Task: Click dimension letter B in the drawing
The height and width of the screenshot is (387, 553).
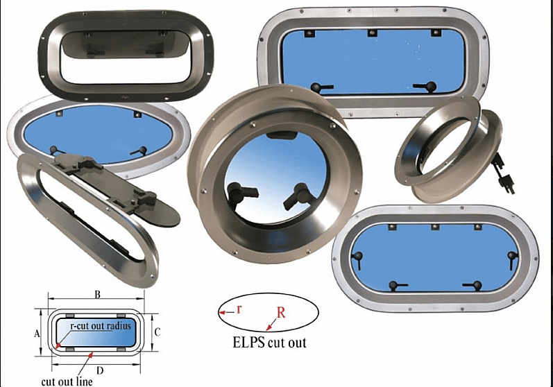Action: click(98, 295)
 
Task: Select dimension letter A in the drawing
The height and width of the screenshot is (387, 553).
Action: click(37, 334)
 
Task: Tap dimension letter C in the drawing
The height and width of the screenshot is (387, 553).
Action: click(158, 332)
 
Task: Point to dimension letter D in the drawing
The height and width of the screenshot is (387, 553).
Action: click(100, 371)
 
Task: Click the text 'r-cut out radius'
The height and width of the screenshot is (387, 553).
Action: click(101, 325)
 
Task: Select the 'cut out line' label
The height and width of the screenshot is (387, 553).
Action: click(67, 381)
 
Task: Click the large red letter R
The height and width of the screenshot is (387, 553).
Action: click(281, 313)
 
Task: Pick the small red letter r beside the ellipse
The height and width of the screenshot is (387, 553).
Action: click(239, 309)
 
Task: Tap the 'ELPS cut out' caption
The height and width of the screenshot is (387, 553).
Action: click(269, 343)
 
